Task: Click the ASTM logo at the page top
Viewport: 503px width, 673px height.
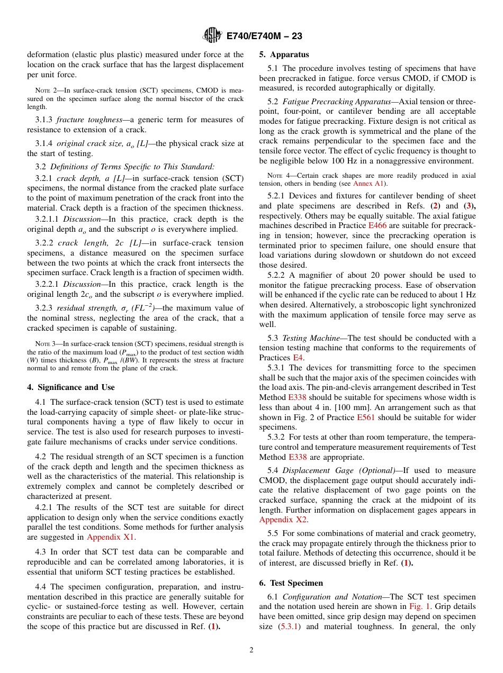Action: click(x=212, y=36)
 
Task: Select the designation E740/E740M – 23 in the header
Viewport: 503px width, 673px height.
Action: click(x=264, y=37)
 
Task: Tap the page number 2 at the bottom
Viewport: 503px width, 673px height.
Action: click(x=251, y=650)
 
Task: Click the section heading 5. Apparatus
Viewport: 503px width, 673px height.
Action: click(x=284, y=54)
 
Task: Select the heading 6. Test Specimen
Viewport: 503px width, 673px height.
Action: click(x=291, y=583)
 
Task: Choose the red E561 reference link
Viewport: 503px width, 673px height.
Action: click(x=365, y=417)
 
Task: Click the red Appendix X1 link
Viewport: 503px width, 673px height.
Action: click(x=111, y=537)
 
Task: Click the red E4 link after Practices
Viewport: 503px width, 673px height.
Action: click(x=298, y=357)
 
